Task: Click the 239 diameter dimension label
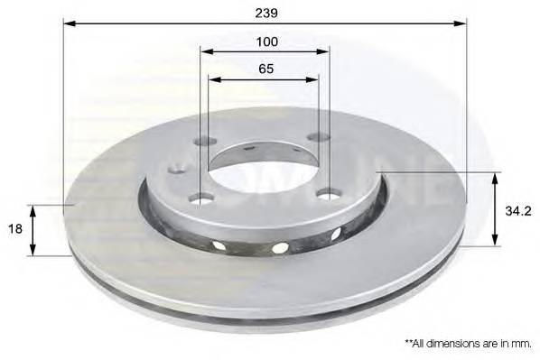(x=266, y=13)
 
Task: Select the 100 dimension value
(x=267, y=42)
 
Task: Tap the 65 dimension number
(x=266, y=69)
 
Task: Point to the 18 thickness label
(x=14, y=228)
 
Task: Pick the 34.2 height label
(x=518, y=210)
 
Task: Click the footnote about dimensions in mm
(x=468, y=343)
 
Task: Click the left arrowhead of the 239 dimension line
(x=70, y=23)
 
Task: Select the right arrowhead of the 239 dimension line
(x=461, y=23)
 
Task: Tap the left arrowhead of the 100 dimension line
(x=207, y=51)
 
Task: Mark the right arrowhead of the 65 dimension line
(x=312, y=79)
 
